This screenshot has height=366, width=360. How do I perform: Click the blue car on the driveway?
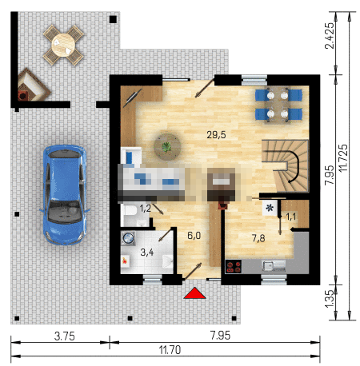point(65,194)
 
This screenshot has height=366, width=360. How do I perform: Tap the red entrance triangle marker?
point(195,293)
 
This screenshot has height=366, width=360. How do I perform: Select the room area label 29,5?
point(216,135)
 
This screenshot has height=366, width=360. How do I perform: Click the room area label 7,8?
point(258,238)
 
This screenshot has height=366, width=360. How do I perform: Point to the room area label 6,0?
point(194,236)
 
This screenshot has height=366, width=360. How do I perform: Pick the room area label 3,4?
point(147,252)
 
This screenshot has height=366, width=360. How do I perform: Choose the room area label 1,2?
point(146,208)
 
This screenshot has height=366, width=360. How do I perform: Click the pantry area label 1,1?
point(291,217)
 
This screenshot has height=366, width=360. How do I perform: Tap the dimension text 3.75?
point(65,336)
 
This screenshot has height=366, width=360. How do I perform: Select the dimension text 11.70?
point(170,350)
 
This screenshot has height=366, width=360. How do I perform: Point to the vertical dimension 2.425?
point(330,35)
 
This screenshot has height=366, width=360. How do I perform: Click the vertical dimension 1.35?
point(330,298)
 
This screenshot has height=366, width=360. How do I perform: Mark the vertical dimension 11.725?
point(343,157)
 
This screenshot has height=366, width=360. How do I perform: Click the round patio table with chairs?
point(63,45)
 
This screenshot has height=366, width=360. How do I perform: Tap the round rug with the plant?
point(167,147)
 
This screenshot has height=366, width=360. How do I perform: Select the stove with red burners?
point(234,267)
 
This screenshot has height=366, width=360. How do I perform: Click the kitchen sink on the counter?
point(274,265)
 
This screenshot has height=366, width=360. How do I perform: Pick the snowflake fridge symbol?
point(270,208)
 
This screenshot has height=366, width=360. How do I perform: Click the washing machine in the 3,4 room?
point(128,238)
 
